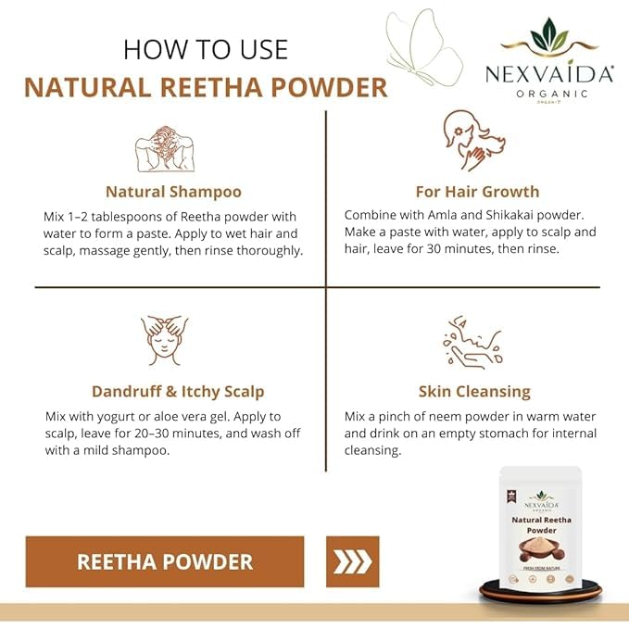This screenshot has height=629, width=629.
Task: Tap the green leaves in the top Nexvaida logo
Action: tap(549, 34)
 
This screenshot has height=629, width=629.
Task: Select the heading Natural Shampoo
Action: tap(174, 192)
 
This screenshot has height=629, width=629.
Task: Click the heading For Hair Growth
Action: tap(477, 192)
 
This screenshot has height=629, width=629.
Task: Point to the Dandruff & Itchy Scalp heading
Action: tap(178, 392)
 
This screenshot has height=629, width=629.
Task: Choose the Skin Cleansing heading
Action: tap(474, 392)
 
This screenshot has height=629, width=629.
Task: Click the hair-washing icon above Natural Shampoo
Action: tap(165, 149)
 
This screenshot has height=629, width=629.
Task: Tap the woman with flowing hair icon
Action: tap(473, 141)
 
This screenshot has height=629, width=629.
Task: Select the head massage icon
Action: tap(165, 341)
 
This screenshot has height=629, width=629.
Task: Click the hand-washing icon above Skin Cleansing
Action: tap(473, 342)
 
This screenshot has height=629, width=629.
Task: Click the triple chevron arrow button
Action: tap(353, 561)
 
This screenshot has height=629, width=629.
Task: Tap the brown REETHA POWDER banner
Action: tap(165, 561)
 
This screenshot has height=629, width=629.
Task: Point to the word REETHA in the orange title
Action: tap(211, 87)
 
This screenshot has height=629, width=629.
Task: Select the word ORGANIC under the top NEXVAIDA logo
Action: tap(552, 94)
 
